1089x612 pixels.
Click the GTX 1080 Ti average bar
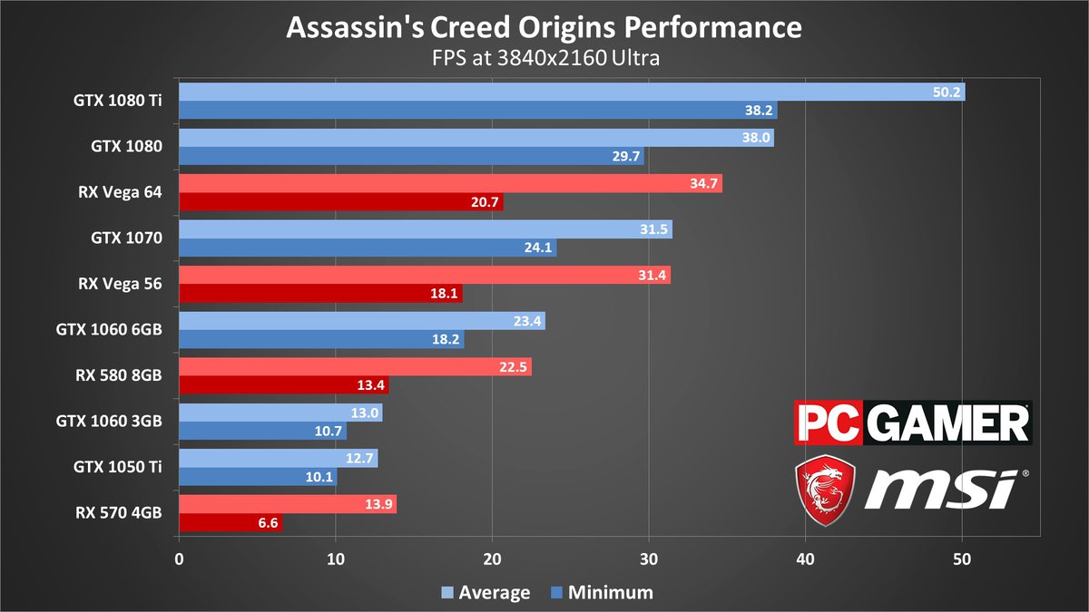tap(572, 92)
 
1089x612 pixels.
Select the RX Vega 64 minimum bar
tap(340, 202)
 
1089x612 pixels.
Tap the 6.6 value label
tap(268, 523)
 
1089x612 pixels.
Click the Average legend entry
tap(486, 593)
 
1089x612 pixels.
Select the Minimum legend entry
tap(602, 593)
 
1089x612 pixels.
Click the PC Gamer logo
tap(912, 423)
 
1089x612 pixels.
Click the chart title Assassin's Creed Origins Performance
tap(544, 27)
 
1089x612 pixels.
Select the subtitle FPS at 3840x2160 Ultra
tap(544, 59)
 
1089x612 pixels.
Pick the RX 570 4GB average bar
tap(288, 504)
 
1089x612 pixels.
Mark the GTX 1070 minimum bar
tap(368, 248)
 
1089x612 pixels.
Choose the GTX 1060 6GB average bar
tap(361, 321)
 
